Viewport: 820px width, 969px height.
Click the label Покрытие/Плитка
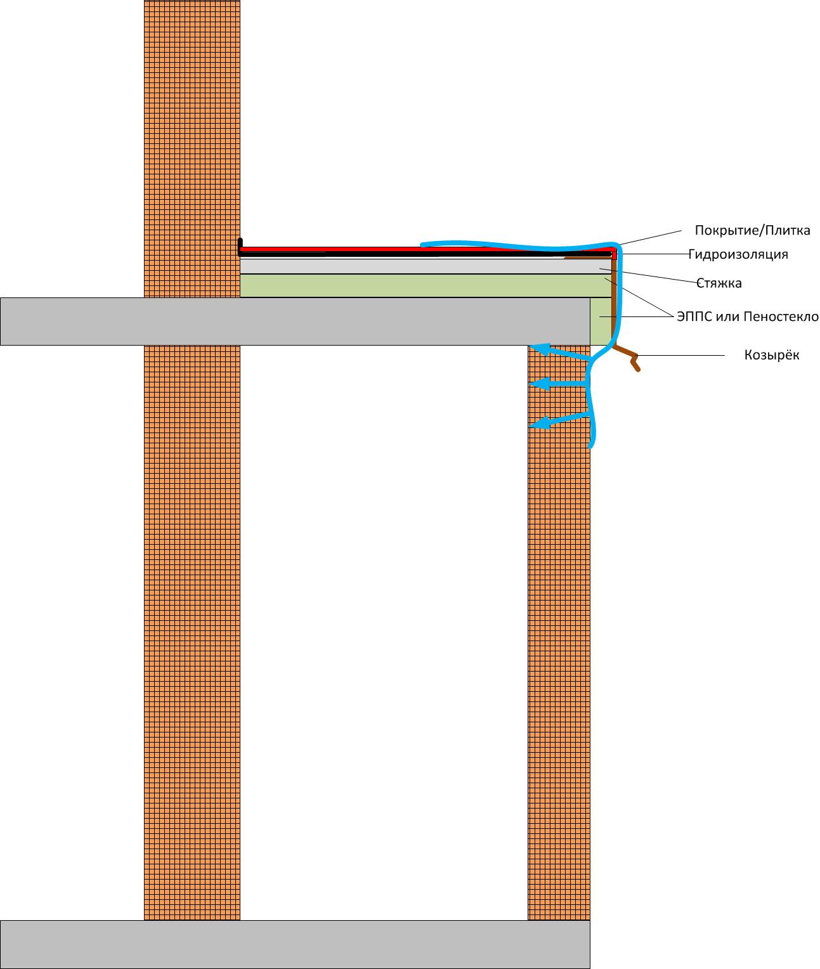[752, 230]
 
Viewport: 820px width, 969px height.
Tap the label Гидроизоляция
[738, 254]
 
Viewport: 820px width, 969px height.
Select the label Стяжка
[719, 283]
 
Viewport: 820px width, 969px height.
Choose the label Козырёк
[771, 355]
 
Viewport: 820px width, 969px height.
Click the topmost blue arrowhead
[537, 348]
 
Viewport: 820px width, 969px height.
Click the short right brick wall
[559, 634]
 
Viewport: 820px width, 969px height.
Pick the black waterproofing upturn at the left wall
[240, 246]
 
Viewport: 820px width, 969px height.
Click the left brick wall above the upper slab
[192, 127]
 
